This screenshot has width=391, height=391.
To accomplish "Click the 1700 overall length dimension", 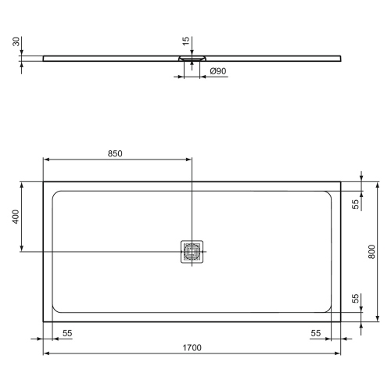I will [x=192, y=347].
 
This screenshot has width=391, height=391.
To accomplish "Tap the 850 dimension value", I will [x=114, y=153].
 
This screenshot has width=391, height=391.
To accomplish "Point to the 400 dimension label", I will [x=14, y=217].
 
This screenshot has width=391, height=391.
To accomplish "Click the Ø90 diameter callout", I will [x=218, y=72].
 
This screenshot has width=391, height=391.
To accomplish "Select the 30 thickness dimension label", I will [x=15, y=42].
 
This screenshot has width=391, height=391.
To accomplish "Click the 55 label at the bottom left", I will [x=66, y=333].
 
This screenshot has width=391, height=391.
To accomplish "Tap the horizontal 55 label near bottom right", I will [x=315, y=333].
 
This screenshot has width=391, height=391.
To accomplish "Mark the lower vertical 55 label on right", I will [x=354, y=300].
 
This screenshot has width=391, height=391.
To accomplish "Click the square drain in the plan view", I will [x=192, y=251].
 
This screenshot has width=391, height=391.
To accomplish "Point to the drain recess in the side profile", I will [x=192, y=57].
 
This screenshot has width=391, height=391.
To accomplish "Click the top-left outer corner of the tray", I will [x=43, y=182].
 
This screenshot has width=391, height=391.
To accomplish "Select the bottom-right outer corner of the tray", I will [x=341, y=320].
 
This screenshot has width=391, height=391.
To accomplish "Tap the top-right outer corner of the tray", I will [x=341, y=182].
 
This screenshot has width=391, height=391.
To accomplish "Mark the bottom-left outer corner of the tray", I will [x=43, y=320].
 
